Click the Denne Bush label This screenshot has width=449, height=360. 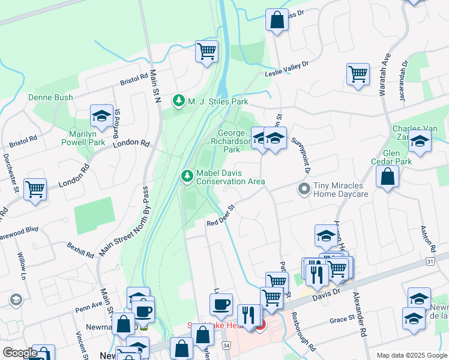(50, 97)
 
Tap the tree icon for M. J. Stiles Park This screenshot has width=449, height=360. (178, 101)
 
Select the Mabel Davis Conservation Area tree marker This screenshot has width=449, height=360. (187, 175)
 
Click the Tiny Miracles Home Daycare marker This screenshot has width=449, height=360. (304, 189)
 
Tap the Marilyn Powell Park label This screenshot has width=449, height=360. (83, 137)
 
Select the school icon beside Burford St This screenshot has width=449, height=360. (101, 116)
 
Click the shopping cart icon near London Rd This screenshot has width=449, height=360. (35, 188)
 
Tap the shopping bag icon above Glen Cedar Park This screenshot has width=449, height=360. (388, 176)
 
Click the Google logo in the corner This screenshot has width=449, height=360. (20, 352)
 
